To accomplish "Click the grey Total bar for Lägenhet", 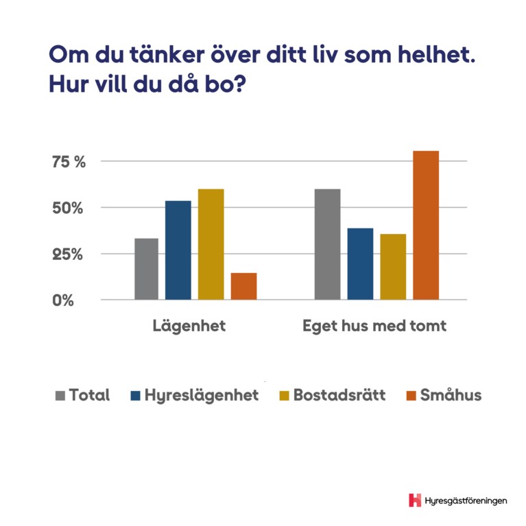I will (146, 269).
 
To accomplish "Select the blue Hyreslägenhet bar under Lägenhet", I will (179, 250).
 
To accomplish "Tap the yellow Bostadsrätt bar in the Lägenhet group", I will (211, 244).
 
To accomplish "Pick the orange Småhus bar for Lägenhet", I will (243, 286).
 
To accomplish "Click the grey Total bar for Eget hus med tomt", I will (327, 244).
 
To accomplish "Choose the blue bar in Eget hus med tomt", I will (360, 264).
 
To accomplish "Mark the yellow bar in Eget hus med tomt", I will (393, 267).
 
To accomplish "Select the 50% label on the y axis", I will (67, 208).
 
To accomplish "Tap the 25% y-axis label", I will (67, 254).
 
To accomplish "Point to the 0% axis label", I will (62, 300).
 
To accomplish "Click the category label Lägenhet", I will (189, 326).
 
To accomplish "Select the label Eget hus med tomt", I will (374, 326).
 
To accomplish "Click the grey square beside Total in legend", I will (60, 396).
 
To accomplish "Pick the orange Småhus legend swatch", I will (411, 396).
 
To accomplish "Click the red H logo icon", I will (414, 500).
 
